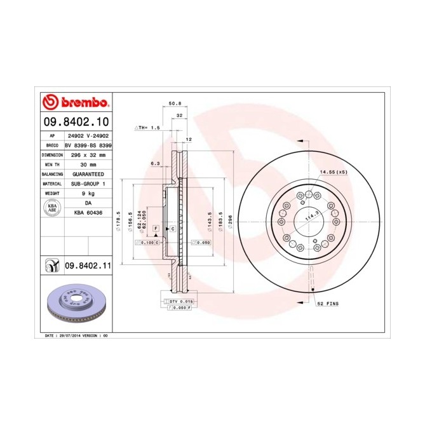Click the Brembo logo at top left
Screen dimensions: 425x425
(76, 102)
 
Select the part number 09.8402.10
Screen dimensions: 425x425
(76, 121)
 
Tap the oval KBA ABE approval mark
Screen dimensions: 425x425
(53, 209)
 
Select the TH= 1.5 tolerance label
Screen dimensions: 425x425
(148, 128)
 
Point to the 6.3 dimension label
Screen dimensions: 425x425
(154, 163)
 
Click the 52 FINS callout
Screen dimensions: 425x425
(328, 304)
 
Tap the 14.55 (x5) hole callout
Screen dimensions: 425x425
(334, 172)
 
